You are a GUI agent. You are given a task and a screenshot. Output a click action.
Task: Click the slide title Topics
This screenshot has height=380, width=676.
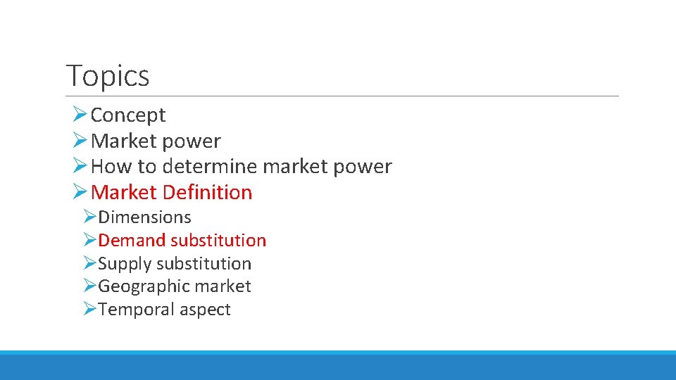[108, 75]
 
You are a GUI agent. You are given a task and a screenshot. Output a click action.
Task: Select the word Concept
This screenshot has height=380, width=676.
[128, 115]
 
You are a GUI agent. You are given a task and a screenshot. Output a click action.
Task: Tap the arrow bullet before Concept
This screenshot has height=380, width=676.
[80, 114]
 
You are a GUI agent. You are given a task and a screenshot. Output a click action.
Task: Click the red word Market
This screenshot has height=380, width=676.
[124, 192]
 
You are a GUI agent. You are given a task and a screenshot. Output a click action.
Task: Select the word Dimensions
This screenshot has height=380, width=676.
[144, 217]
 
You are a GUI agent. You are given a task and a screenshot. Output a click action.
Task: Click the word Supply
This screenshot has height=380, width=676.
[125, 264]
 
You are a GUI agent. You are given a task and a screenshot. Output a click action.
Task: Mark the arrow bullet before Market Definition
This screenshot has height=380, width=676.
[80, 191]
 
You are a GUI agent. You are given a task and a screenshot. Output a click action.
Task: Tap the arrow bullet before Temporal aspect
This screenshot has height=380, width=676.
[89, 309]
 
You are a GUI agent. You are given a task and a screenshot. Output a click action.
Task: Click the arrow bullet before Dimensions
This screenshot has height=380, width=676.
[89, 217]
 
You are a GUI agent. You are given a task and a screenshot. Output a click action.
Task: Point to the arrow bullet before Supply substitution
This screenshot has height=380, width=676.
[89, 263]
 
